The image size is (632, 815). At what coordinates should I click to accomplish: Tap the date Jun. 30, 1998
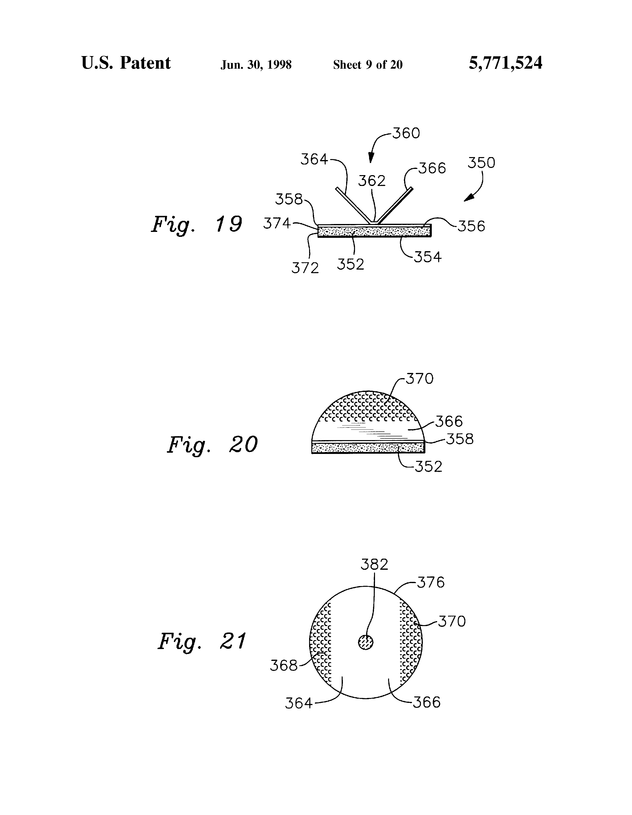(256, 65)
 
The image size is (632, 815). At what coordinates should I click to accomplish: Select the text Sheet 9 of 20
(368, 65)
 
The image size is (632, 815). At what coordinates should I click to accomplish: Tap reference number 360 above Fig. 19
(406, 133)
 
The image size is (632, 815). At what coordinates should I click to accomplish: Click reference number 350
(481, 163)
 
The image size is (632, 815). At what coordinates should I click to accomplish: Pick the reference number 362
(372, 181)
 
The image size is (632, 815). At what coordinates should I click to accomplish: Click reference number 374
(277, 223)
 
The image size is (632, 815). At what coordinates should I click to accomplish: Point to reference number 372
(305, 268)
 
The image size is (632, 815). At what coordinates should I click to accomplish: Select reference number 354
(428, 257)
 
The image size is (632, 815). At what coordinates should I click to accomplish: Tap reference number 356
(471, 226)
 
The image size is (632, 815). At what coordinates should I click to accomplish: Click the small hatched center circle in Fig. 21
(366, 642)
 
